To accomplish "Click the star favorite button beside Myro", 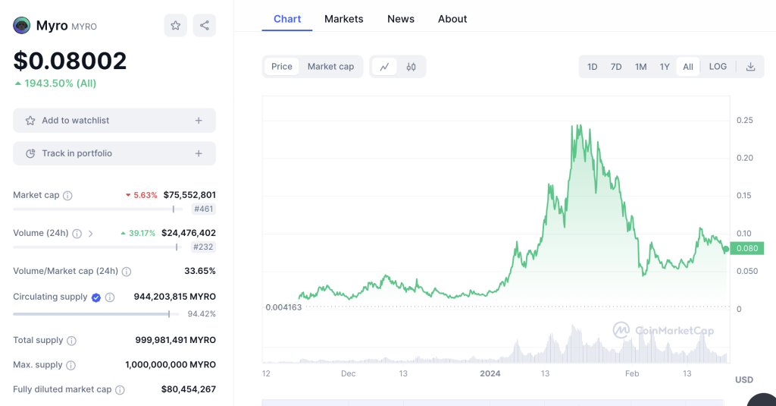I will pos(175,26).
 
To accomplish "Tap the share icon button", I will pos(205,26).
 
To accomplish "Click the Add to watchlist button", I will pos(114,121).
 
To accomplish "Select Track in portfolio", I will pos(114,153).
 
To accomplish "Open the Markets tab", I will pos(343,19).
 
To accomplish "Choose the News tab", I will pos(400,19).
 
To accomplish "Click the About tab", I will pos(452,19).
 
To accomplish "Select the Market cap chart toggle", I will pos(330,67).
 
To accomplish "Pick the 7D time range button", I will pos(616,67).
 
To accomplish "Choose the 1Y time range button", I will pos(665,67).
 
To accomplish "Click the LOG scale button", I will pos(718,67).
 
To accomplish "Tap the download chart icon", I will pos(750,67).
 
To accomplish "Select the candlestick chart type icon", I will pos(411,67).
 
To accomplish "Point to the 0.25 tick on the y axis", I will pos(744,120).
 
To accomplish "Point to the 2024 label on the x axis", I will pos(490,373).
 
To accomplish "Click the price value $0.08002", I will pos(70,61).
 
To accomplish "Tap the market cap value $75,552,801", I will pos(189,195).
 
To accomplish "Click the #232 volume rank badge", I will pos(204,247).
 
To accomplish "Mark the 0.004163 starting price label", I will pos(283,307).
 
